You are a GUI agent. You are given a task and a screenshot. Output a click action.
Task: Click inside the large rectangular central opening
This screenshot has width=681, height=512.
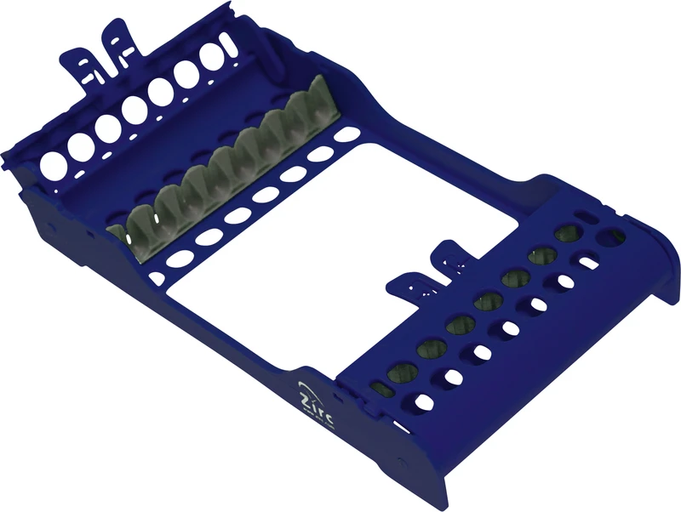coord(340,230)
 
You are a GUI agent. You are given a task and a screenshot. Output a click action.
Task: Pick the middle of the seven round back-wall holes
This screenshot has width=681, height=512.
coord(134,108)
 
